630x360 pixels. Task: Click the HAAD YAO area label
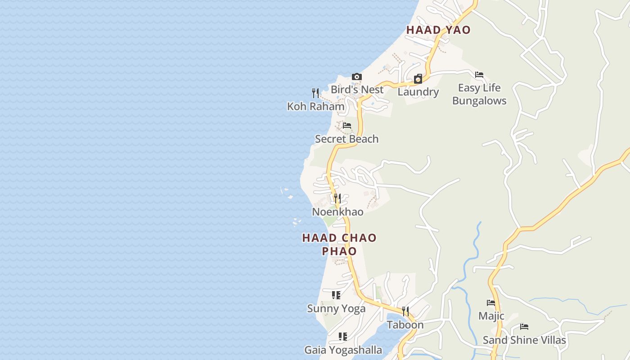pos(438,30)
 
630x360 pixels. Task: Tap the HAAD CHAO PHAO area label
pos(339,244)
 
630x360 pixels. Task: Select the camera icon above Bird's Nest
pos(357,77)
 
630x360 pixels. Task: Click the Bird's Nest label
pos(357,90)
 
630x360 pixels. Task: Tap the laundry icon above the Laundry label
pos(418,79)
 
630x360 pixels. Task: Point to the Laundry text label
pos(418,92)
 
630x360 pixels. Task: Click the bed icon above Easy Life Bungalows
pos(479,75)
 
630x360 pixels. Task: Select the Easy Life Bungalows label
pos(479,94)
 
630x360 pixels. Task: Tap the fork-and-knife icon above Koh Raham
pos(315,93)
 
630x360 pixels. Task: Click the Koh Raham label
pos(316,107)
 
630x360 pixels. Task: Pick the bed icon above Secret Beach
pos(346,126)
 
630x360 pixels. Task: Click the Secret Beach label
pos(346,139)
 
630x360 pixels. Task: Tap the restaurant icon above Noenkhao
pos(337,198)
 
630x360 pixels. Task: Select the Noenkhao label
pos(337,212)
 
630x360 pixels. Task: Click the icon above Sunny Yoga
pos(336,295)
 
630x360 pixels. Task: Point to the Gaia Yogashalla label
pos(343,350)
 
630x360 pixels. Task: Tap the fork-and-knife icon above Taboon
pos(405,311)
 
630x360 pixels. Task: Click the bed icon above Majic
pos(491,303)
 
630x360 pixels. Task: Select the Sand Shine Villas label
pos(524,340)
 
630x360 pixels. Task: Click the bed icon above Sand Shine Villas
pos(524,327)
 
